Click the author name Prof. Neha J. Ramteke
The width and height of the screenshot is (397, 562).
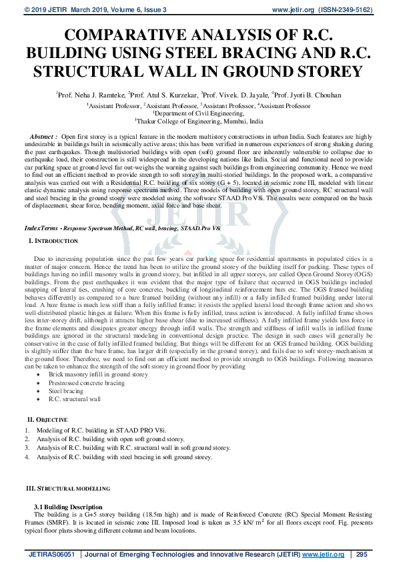point(91,95)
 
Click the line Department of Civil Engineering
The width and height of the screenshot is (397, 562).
point(198,114)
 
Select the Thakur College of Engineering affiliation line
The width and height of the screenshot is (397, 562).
point(198,122)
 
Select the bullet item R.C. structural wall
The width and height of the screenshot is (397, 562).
point(83,399)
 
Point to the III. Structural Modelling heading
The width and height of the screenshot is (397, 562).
point(67,489)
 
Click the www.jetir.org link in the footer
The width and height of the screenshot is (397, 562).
point(324,554)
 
